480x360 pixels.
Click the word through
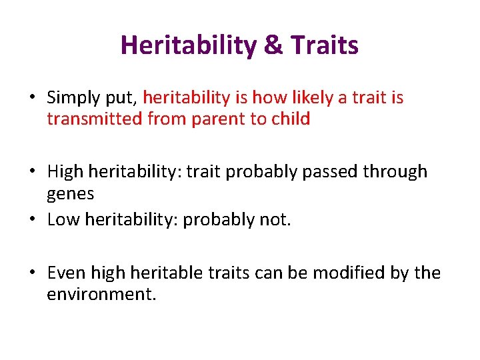pos(397,171)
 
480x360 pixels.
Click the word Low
pos(63,219)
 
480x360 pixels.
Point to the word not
pos(275,219)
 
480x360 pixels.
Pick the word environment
pos(100,294)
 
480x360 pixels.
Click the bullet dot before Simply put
pos(32,99)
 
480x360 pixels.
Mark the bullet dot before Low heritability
pos(32,220)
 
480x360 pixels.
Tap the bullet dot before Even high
pos(32,273)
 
